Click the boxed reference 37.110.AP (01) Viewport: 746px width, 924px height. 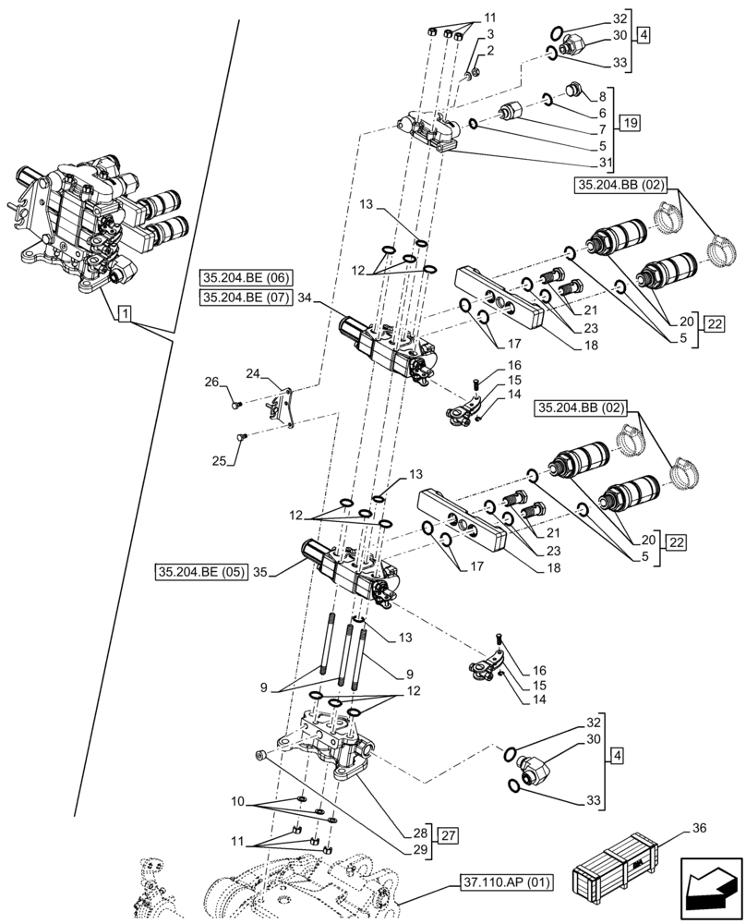[x=505, y=881]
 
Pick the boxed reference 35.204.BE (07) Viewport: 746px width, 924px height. [x=244, y=297]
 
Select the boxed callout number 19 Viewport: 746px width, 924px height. [x=628, y=123]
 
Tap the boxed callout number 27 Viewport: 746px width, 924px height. [x=447, y=836]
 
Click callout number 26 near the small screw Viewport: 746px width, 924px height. [x=211, y=381]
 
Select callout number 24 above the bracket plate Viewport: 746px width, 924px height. [x=253, y=373]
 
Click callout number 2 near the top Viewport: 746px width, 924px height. [x=490, y=50]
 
